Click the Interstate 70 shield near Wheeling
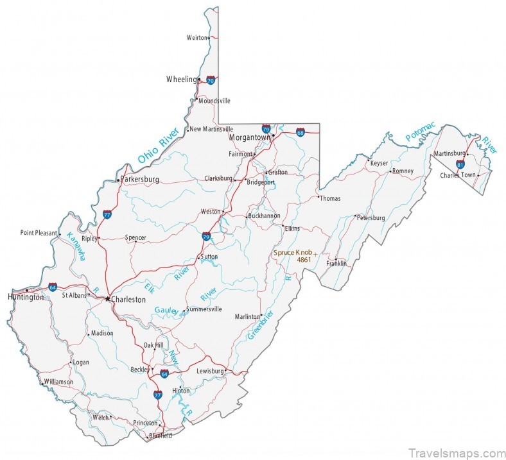point(211,81)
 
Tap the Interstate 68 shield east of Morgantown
point(301,133)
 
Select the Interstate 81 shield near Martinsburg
point(460,164)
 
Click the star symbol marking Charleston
point(107,298)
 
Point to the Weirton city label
point(196,38)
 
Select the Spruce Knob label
point(293,253)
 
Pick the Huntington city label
point(26,297)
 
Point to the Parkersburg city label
point(140,180)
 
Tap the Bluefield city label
point(160,436)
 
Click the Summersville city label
point(205,309)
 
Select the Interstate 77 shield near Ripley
point(107,215)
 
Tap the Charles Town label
point(457,175)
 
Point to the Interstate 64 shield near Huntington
point(52,287)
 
